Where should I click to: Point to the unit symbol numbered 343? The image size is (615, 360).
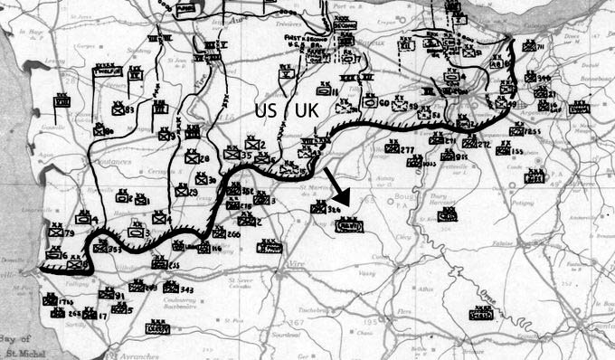(171, 287)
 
